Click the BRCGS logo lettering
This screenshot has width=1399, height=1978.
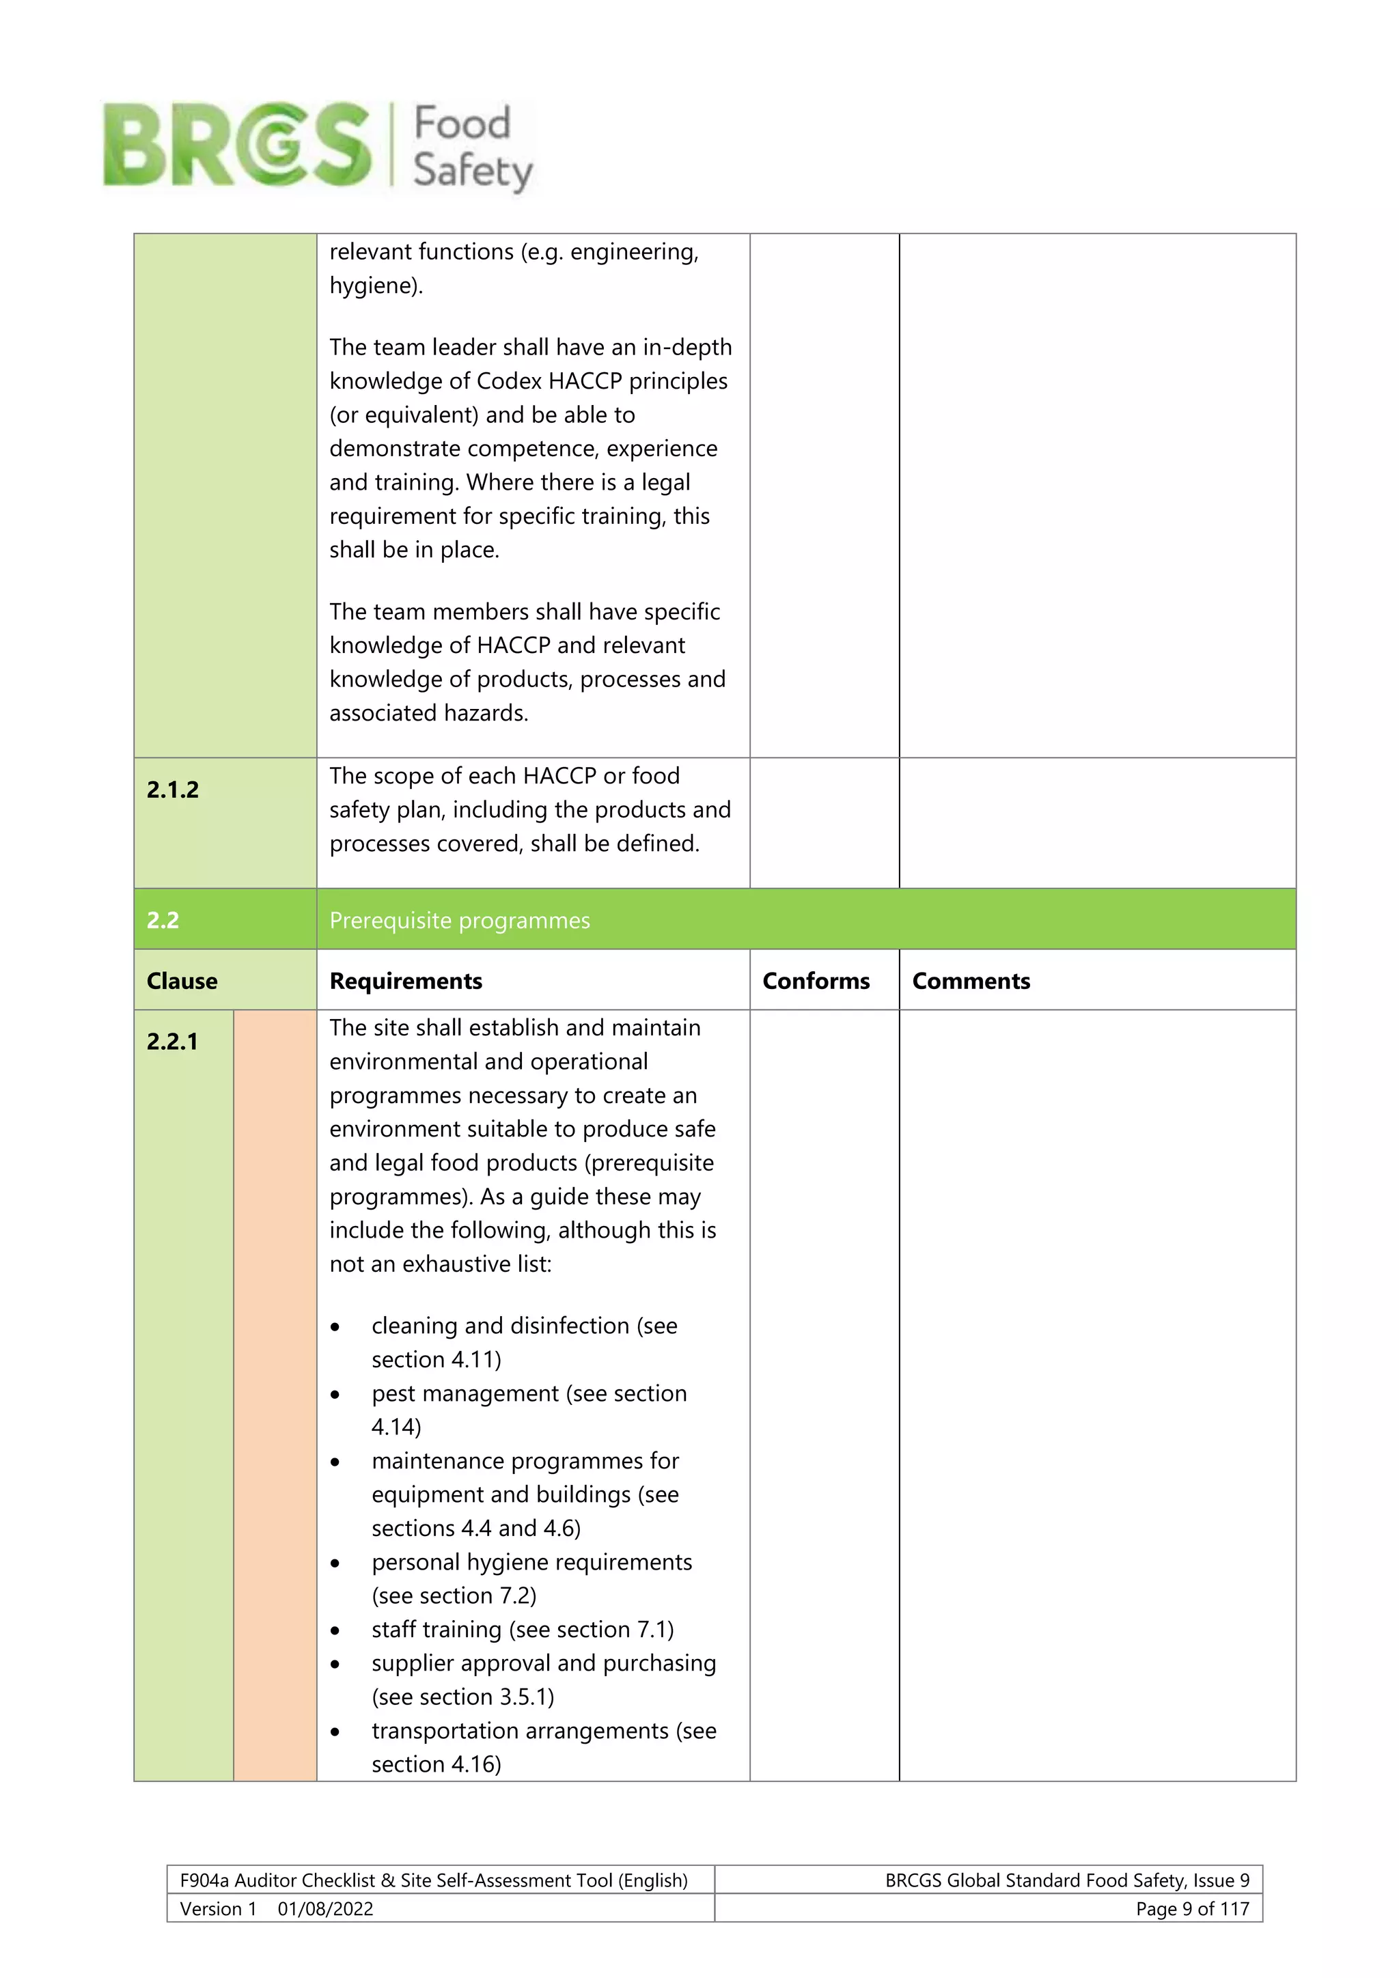point(237,144)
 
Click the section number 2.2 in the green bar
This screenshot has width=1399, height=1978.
point(163,920)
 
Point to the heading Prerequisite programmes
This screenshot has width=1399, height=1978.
point(459,920)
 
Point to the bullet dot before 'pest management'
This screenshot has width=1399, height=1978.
point(335,1395)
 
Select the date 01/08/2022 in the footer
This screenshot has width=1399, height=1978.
point(326,1908)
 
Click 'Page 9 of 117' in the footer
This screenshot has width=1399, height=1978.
point(1192,1908)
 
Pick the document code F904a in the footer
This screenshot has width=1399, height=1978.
point(204,1880)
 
